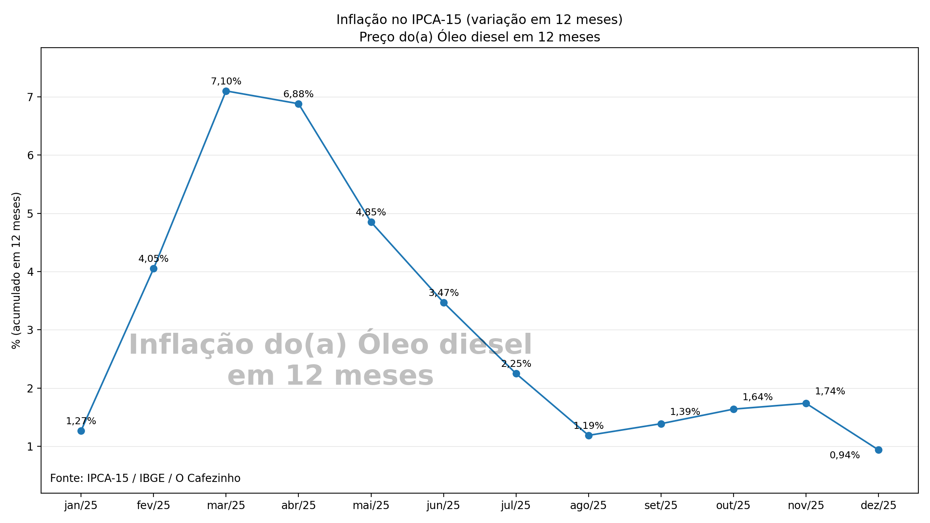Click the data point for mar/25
click(x=226, y=91)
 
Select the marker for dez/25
click(x=878, y=450)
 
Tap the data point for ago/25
click(x=589, y=435)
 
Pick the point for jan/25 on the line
click(x=81, y=431)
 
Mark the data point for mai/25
click(x=371, y=222)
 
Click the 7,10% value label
click(x=226, y=81)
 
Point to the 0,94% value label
click(x=844, y=455)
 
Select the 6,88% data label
click(x=298, y=94)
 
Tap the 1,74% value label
click(x=830, y=391)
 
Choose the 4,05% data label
click(x=153, y=259)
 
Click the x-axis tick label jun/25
click(x=443, y=506)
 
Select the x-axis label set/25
click(x=661, y=506)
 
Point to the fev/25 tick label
click(x=153, y=506)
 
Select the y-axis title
click(x=16, y=270)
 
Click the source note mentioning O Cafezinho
click(x=145, y=478)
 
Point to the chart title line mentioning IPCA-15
click(x=479, y=19)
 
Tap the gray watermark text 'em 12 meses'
click(x=330, y=376)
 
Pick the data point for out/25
click(x=734, y=409)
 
